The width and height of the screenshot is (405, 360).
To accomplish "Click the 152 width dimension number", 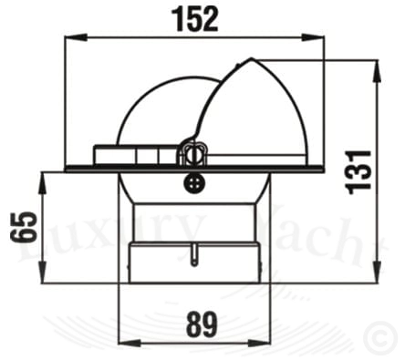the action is [195, 20].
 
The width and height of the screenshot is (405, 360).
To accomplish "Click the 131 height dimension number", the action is [358, 172].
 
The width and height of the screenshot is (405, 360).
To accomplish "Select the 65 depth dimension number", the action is [23, 227].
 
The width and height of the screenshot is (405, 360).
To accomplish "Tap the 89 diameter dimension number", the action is [202, 324].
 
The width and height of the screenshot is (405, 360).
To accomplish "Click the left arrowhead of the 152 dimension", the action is [76, 37].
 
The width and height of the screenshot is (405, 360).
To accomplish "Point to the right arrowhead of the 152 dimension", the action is [313, 37].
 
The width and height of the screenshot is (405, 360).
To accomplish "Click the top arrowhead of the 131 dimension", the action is [377, 71].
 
